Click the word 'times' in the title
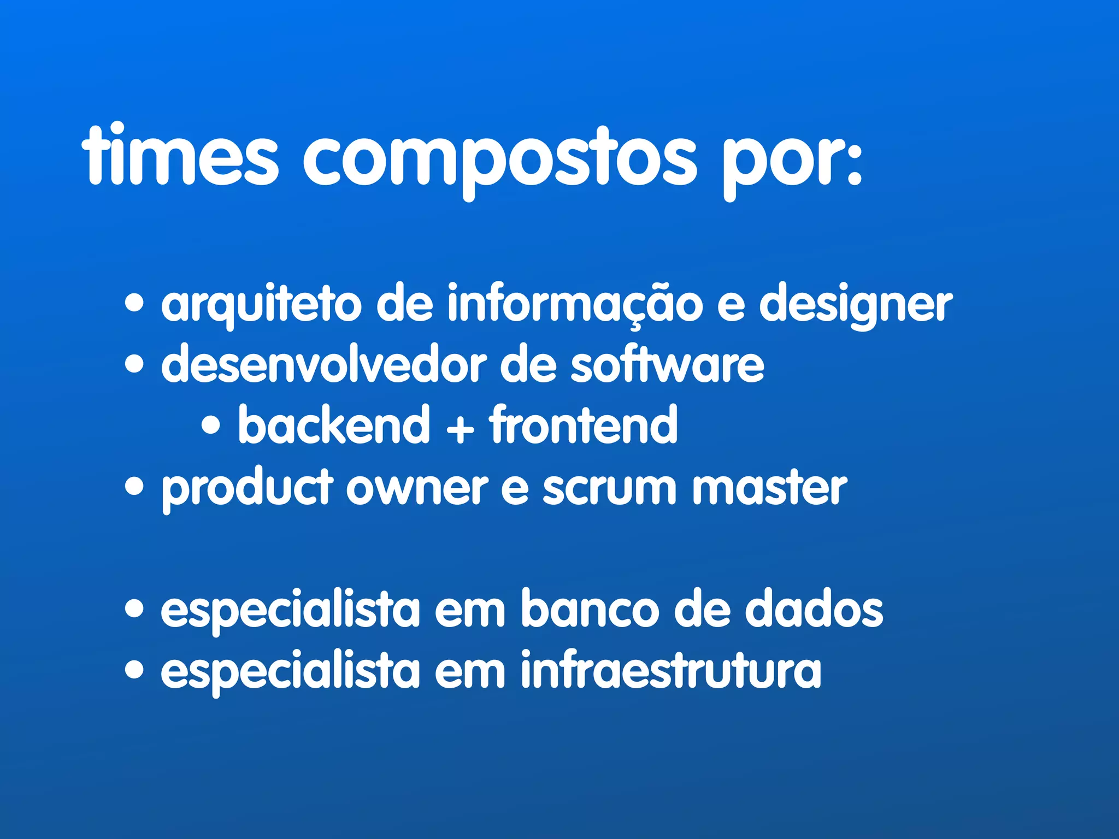(x=180, y=157)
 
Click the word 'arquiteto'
(x=261, y=305)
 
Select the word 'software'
(x=667, y=365)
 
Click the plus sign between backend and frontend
(x=460, y=428)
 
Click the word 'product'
(x=247, y=488)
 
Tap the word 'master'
(x=769, y=487)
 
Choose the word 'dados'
(x=814, y=610)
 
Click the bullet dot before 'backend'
(x=211, y=426)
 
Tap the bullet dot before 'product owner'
(x=134, y=486)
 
